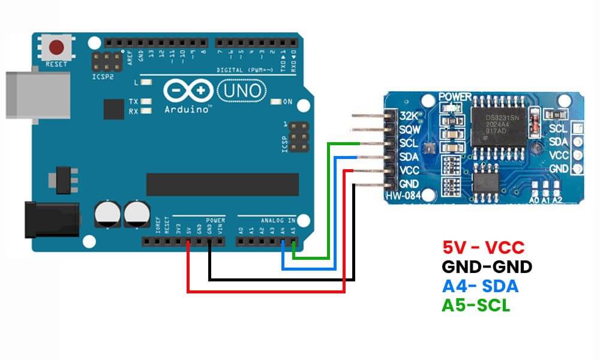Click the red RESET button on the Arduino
(57, 47)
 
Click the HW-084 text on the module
(403, 196)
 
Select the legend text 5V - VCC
(483, 247)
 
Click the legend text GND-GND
(487, 266)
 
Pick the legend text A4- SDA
(479, 286)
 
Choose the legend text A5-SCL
(476, 305)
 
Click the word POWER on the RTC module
(455, 96)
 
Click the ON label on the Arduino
(287, 102)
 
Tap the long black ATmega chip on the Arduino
(222, 184)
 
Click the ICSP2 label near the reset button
(103, 77)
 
